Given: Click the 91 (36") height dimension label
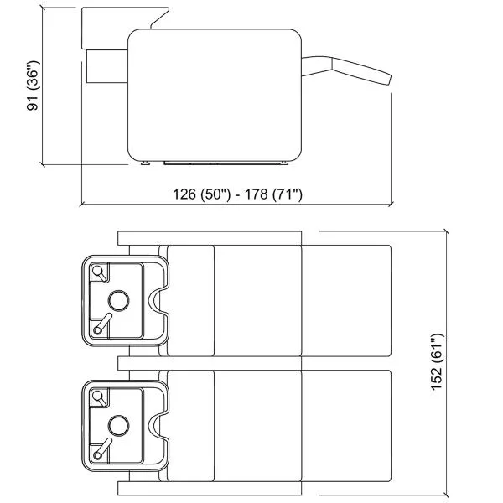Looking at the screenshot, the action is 33,86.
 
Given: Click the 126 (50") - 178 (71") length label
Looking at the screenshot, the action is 238,194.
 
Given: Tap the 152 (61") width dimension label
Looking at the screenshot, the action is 437,362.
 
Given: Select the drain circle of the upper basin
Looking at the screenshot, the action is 119,301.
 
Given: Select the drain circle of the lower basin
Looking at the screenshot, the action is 119,425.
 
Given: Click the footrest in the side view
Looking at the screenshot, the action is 346,70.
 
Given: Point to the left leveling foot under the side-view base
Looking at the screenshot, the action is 145,163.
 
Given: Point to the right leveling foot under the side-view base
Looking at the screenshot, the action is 284,163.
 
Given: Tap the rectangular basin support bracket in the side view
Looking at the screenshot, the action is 107,66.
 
